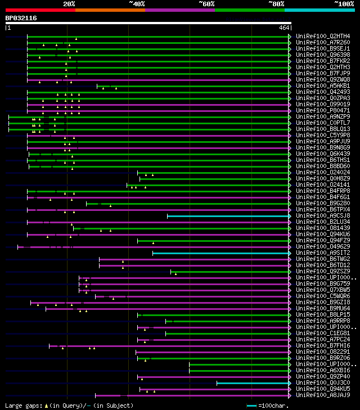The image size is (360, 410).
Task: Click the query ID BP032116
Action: (x=21, y=18)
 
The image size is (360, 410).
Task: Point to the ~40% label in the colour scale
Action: (x=137, y=3)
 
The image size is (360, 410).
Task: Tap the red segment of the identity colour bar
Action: (x=39, y=10)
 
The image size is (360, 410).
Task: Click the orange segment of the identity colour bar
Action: (x=110, y=10)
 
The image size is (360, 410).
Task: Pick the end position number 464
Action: (x=283, y=27)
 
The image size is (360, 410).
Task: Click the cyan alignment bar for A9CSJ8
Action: (x=228, y=215)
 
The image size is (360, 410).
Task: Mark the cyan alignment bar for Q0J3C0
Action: (x=253, y=383)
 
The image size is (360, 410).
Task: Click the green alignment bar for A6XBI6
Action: (x=239, y=371)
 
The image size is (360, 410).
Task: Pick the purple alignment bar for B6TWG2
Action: (x=194, y=259)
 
